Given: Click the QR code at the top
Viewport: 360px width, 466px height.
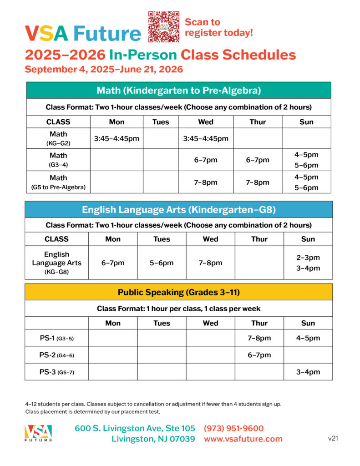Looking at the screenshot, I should pyautogui.click(x=164, y=27).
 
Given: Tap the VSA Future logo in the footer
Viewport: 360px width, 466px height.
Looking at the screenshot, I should pyautogui.click(x=38, y=433).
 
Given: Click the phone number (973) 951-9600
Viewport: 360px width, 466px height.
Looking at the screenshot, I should pyautogui.click(x=233, y=428).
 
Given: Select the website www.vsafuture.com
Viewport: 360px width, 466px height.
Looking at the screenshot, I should pyautogui.click(x=243, y=439).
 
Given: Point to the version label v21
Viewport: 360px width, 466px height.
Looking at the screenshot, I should pyautogui.click(x=333, y=438).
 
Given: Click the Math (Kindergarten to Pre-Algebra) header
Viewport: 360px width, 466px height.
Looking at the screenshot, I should pyautogui.click(x=178, y=90).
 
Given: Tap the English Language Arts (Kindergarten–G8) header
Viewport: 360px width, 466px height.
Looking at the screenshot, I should pyautogui.click(x=178, y=209).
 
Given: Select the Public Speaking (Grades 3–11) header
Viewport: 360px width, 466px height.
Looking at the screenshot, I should pyautogui.click(x=178, y=292).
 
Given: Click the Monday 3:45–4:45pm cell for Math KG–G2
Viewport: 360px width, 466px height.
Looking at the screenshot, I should pyautogui.click(x=117, y=138).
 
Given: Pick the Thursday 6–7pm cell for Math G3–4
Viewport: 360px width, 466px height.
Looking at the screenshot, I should pyautogui.click(x=258, y=160).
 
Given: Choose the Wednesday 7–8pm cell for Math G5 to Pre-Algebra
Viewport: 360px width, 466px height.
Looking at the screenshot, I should pyautogui.click(x=206, y=182).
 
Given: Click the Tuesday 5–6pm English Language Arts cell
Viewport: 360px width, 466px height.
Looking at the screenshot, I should pyautogui.click(x=162, y=263).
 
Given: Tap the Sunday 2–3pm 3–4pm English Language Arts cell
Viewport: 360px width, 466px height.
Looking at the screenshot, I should pyautogui.click(x=308, y=263).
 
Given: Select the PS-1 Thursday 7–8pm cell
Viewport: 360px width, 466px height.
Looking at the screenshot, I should pyautogui.click(x=259, y=338).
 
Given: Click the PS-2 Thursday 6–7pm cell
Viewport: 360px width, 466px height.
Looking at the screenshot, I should pyautogui.click(x=259, y=355).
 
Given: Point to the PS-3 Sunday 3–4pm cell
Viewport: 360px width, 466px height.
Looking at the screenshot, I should pyautogui.click(x=308, y=372).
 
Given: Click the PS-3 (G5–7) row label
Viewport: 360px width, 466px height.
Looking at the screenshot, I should pyautogui.click(x=56, y=372).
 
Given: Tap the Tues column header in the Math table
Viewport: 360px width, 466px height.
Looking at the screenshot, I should pyautogui.click(x=161, y=122).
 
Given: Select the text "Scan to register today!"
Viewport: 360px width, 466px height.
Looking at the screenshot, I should pyautogui.click(x=218, y=27).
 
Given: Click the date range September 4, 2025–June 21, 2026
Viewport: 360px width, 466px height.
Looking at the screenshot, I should pyautogui.click(x=104, y=70).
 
